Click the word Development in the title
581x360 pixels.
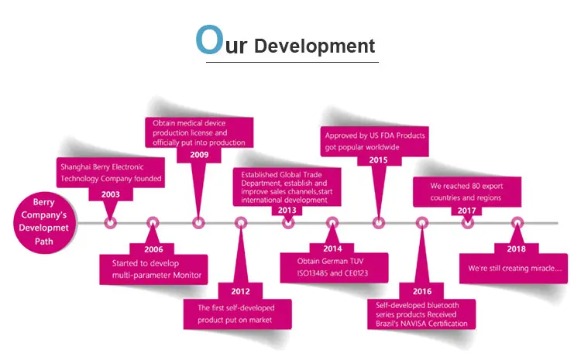315,46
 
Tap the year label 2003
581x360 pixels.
111,194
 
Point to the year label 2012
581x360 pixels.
240,291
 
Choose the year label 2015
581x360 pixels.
378,159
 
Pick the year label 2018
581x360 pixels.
517,249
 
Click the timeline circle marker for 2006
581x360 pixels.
152,223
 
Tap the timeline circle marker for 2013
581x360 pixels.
288,223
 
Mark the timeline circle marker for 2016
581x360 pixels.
422,223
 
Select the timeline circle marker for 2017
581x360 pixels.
468,223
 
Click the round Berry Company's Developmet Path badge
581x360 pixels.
47,221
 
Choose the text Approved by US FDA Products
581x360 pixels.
374,135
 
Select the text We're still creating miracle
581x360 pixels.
515,269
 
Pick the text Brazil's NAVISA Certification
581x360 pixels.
421,323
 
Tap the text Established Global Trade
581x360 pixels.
282,175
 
